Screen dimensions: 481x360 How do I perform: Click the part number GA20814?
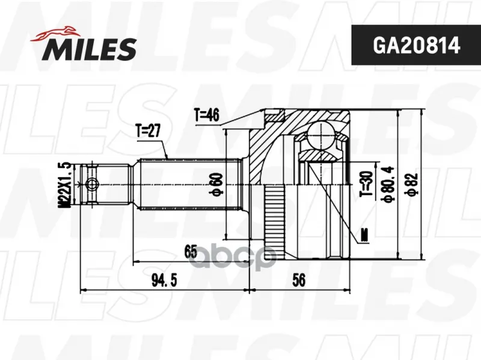click(x=416, y=46)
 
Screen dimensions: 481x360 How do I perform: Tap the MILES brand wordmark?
click(x=88, y=49)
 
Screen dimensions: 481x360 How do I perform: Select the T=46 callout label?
click(x=207, y=115)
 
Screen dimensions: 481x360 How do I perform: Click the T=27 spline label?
click(x=148, y=131)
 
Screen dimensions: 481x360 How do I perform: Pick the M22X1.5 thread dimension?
click(x=66, y=185)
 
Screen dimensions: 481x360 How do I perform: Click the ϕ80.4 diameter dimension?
click(x=387, y=184)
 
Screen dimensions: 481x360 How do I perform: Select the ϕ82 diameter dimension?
click(x=412, y=184)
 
